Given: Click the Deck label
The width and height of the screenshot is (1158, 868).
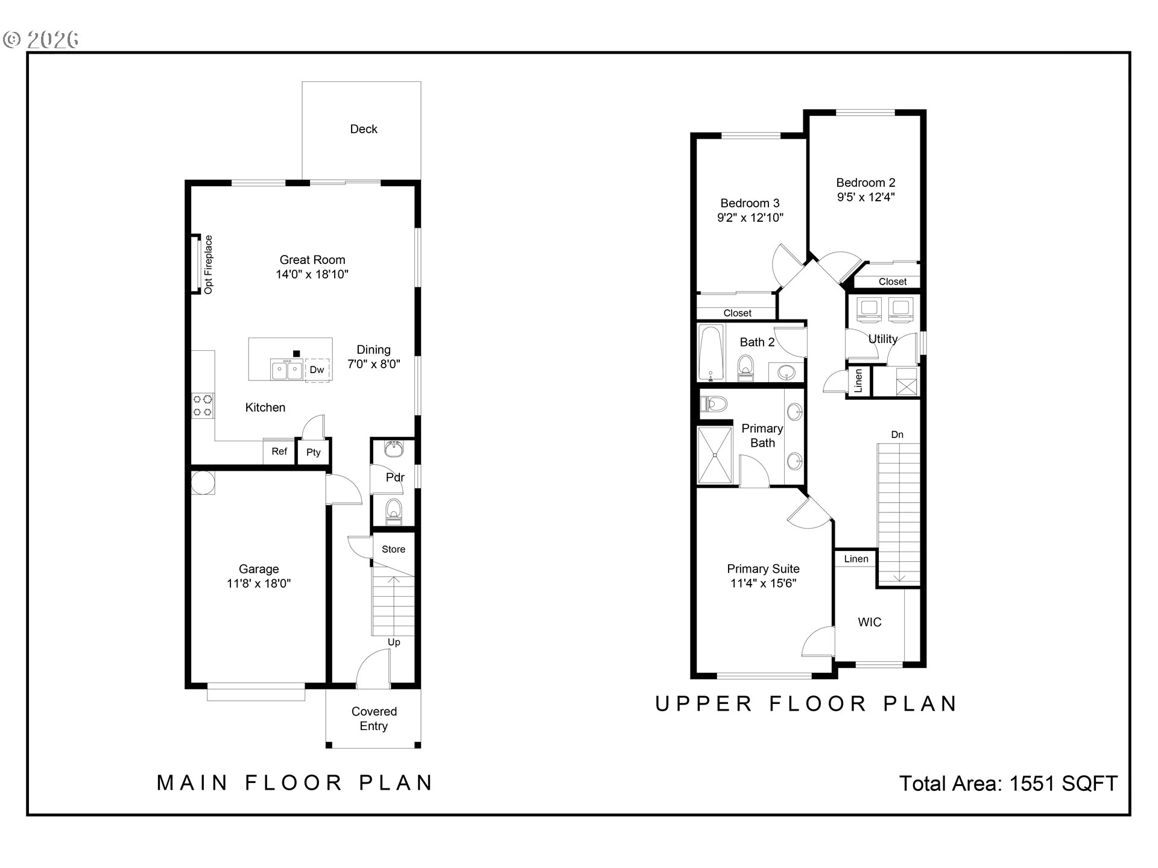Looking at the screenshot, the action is (x=364, y=129).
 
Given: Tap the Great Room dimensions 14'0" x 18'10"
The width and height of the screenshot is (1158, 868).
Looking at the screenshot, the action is (x=312, y=274).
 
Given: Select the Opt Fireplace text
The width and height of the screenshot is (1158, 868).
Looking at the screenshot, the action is (x=209, y=265).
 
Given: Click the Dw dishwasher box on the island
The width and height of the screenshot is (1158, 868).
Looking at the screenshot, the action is (x=317, y=370).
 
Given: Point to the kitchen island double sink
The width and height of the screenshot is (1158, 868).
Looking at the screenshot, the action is (x=287, y=370).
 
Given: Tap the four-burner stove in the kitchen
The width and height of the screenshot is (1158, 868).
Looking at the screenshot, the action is (x=203, y=405).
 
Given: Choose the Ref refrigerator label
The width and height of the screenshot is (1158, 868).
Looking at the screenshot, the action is (x=279, y=451).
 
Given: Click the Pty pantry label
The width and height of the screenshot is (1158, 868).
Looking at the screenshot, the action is (x=314, y=453).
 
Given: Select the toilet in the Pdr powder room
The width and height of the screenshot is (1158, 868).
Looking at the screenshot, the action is (x=394, y=510).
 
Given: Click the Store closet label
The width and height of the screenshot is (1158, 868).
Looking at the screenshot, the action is (x=393, y=549).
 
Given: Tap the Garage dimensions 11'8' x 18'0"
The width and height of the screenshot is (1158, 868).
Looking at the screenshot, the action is (x=259, y=583).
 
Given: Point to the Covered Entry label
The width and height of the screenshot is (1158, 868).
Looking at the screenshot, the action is (x=374, y=719).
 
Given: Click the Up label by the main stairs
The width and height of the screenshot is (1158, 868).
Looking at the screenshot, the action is (x=394, y=643).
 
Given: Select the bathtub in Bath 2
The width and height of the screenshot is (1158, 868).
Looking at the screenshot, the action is (x=711, y=354).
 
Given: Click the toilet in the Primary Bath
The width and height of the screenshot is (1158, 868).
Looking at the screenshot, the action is (x=713, y=403).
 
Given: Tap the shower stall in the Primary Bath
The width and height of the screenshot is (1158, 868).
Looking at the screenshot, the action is (x=715, y=455).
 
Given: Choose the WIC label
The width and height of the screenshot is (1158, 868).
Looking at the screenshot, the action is (x=870, y=622).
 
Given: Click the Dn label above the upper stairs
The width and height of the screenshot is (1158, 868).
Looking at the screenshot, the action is (x=897, y=435).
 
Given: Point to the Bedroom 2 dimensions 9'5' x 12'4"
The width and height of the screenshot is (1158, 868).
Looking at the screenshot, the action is (x=866, y=197).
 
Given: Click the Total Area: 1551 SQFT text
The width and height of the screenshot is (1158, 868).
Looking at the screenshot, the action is (x=1008, y=783).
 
